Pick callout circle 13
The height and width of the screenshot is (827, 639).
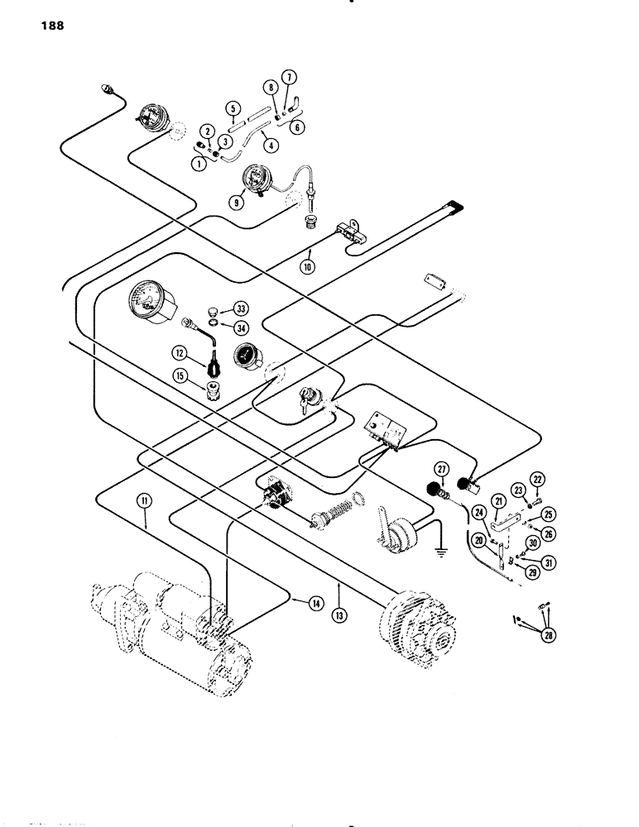[x=341, y=588]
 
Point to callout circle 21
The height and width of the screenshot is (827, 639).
[x=499, y=501]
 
